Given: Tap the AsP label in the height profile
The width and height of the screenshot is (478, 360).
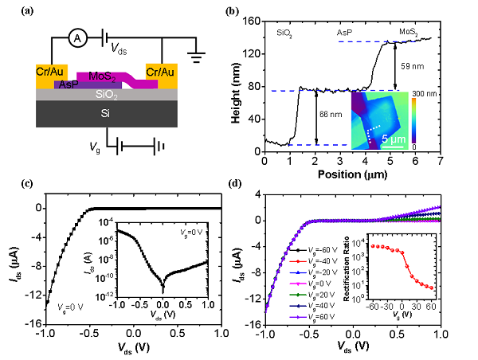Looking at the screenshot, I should pyautogui.click(x=344, y=33).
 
